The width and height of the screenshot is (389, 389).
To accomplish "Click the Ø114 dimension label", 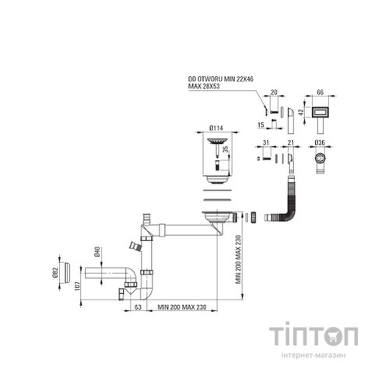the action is (x=216, y=128).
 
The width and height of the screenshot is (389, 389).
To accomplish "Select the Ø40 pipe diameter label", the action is (x=97, y=252).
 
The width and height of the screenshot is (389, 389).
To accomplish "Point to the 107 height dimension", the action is (x=78, y=286).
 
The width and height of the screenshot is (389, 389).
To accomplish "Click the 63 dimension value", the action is (x=138, y=307).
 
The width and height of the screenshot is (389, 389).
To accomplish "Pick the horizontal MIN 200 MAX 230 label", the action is (x=182, y=307).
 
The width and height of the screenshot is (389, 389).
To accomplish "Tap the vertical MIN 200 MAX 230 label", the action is (x=238, y=259).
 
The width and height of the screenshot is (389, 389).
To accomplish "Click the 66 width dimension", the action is (x=321, y=93).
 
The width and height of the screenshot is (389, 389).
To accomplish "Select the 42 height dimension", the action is (x=301, y=112).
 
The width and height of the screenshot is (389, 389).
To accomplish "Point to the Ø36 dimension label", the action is (x=320, y=142).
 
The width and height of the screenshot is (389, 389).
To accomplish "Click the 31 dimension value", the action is (x=266, y=142).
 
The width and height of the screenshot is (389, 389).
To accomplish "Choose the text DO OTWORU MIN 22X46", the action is (x=221, y=79).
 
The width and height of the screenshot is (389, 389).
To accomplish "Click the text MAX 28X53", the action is (x=204, y=86).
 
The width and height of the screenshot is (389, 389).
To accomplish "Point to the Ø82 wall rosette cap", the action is (x=67, y=273).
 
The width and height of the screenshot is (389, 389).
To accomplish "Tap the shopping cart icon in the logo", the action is (x=336, y=336).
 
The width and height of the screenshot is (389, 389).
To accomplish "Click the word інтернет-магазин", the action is (x=314, y=356).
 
